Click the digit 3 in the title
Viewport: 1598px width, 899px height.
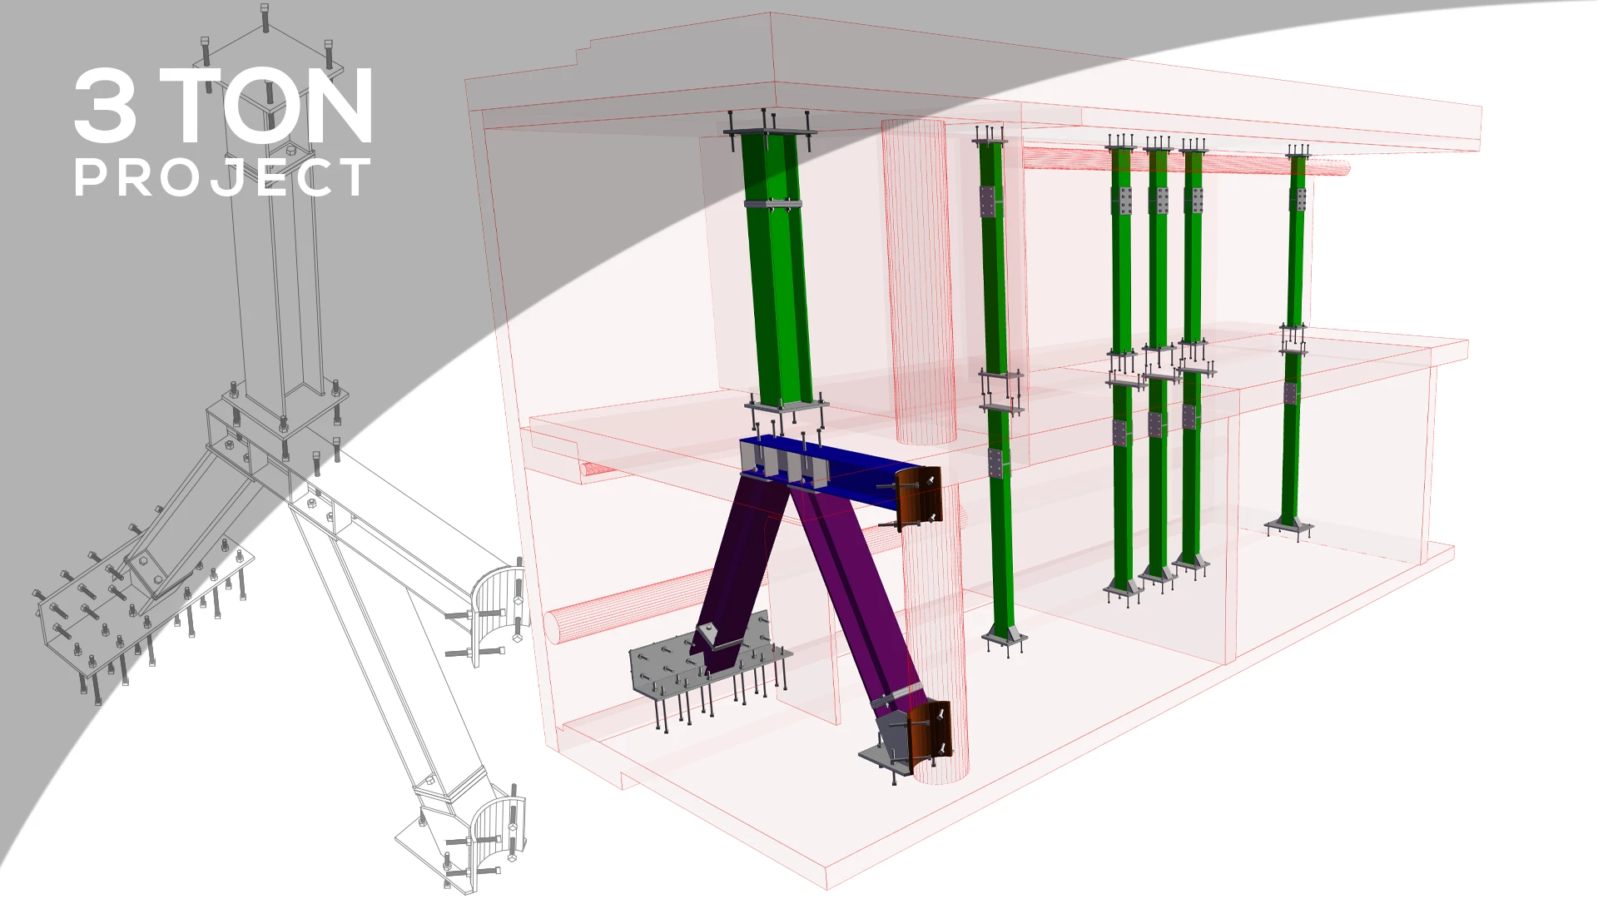106,106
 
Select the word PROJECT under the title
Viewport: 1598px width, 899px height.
222,177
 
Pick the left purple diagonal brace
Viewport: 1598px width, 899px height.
741,566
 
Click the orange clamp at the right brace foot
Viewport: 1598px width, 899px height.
928,733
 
